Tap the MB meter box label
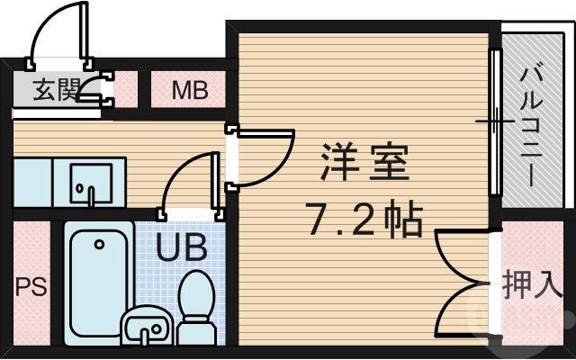190,90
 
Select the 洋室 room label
365,166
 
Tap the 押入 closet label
533,286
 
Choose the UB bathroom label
183,245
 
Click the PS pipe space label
31,291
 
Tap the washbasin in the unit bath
143,326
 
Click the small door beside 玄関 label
94,91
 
